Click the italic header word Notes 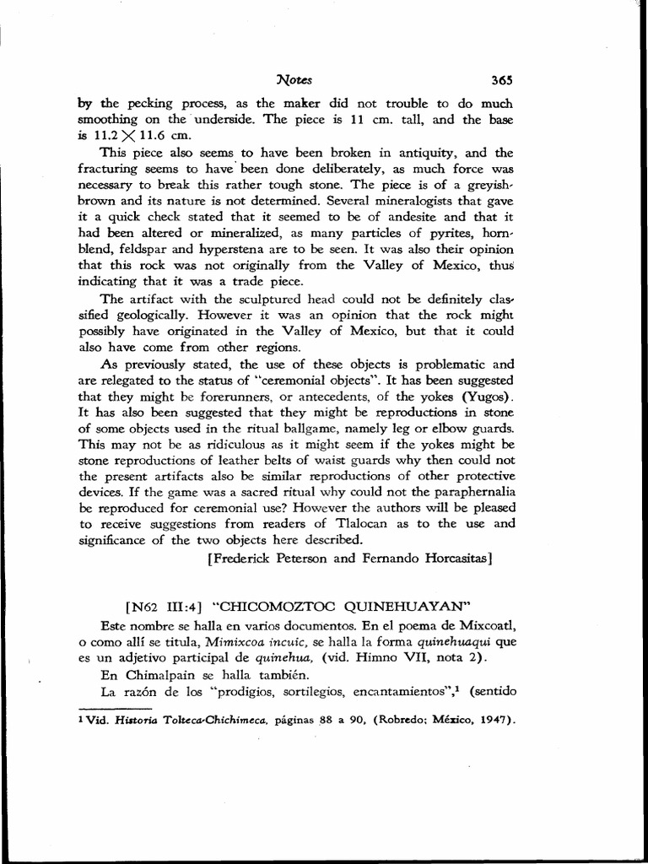(x=294, y=81)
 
